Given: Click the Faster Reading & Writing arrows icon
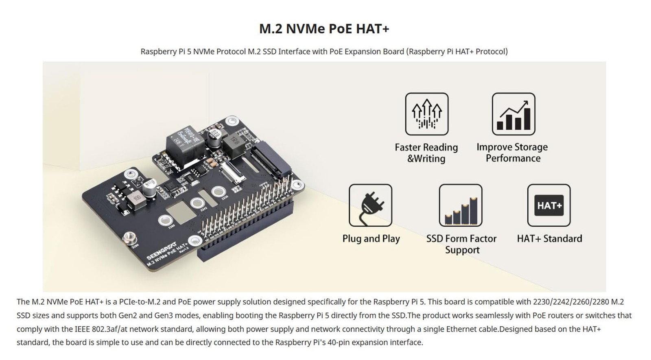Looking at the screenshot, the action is pyautogui.click(x=426, y=114).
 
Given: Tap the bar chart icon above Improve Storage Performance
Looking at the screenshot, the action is pyautogui.click(x=513, y=114).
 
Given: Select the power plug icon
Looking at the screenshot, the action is pyautogui.click(x=370, y=205).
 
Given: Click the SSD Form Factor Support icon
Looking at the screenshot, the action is pyautogui.click(x=460, y=205).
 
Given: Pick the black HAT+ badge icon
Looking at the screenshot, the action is pyautogui.click(x=548, y=205).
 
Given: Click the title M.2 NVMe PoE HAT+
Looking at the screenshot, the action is pyautogui.click(x=324, y=29).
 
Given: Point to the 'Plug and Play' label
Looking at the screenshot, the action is pyautogui.click(x=371, y=239).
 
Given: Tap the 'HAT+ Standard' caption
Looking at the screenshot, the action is pyautogui.click(x=549, y=239).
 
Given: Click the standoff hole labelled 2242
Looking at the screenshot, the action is pyautogui.click(x=198, y=203).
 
